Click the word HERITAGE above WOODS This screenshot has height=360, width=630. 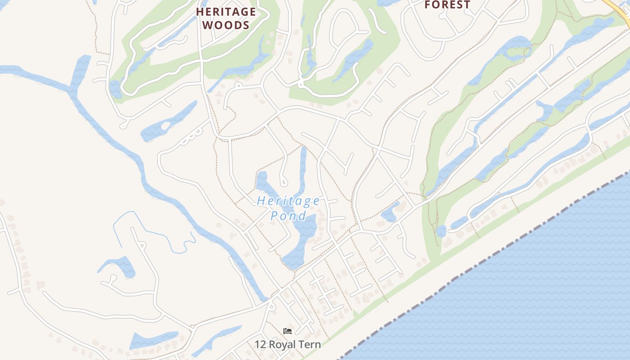pyautogui.click(x=226, y=12)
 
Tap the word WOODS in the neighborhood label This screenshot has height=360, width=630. pyautogui.click(x=226, y=25)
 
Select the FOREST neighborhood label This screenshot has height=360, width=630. pyautogui.click(x=447, y=5)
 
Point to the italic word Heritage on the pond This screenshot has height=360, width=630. pyautogui.click(x=288, y=201)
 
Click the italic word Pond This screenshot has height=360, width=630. pyautogui.click(x=288, y=216)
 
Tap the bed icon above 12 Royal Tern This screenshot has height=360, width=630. pyautogui.click(x=288, y=331)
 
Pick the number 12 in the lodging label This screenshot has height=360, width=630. pyautogui.click(x=260, y=345)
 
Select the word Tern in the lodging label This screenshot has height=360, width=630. pyautogui.click(x=310, y=345)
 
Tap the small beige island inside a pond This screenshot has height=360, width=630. pyautogui.click(x=165, y=126)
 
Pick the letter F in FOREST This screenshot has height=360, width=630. pyautogui.click(x=428, y=5)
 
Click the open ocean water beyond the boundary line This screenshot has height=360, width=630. pyautogui.click(x=540, y=292)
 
